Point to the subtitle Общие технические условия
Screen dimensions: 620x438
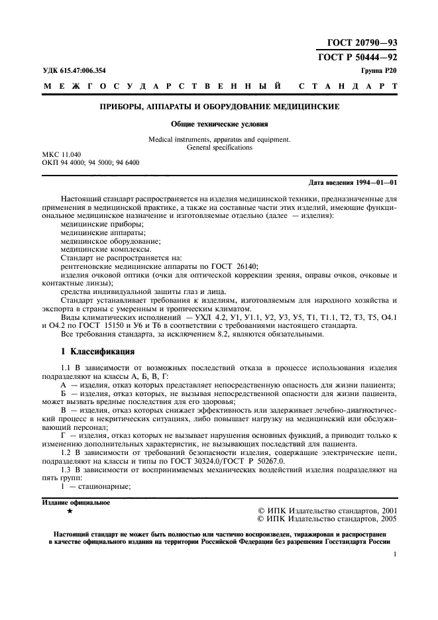pos(219,124)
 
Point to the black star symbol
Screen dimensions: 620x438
pos(70,511)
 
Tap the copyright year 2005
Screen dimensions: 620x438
pos(386,521)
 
